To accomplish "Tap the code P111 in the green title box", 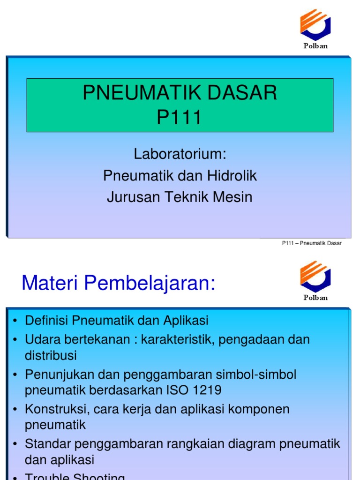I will coord(180,117).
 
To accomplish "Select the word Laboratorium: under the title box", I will coord(180,154).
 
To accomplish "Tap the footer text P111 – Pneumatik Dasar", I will coord(312,243).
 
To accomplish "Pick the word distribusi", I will coord(51,355).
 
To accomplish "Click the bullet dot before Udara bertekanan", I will coord(15,340).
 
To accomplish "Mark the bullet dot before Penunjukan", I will coord(15,375).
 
